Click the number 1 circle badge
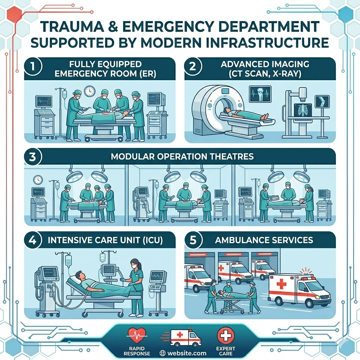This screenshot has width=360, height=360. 33,66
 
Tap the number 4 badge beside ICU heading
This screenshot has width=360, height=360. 33,240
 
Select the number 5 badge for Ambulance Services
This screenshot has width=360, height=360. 193,240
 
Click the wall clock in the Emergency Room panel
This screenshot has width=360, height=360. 89,91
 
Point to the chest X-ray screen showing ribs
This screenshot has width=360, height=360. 303,110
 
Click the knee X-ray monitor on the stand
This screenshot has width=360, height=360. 322,102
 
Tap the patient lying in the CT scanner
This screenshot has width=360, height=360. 246,114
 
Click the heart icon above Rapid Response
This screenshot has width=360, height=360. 137,335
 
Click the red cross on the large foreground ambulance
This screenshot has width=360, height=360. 281,283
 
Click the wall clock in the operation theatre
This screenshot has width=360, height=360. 38,180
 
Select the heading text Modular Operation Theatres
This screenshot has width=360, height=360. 182,156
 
